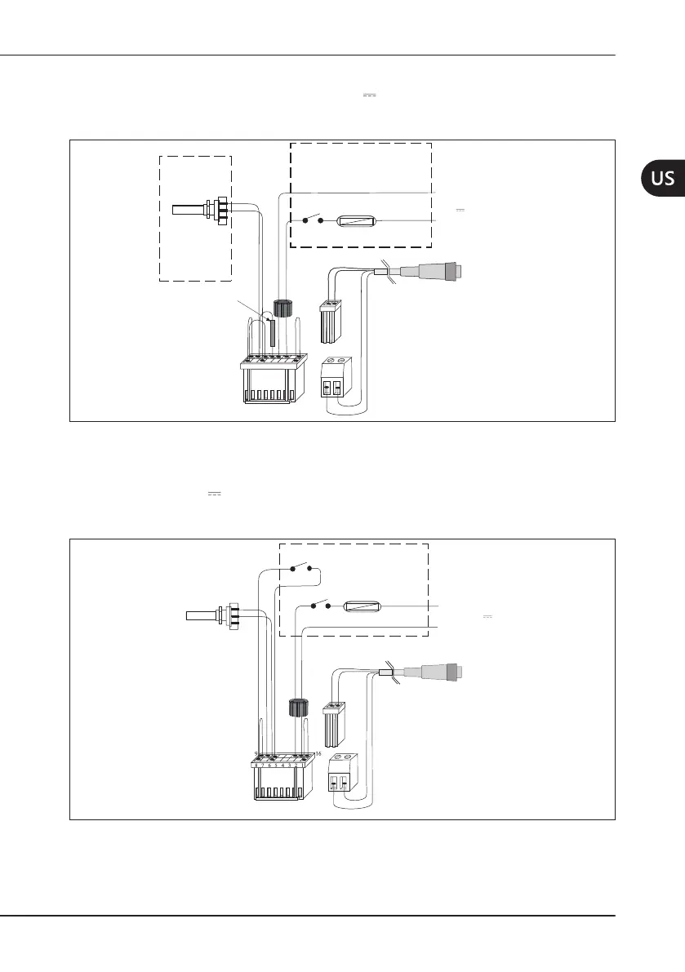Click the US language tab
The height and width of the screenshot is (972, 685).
click(x=662, y=178)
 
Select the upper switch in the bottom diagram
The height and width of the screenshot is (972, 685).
click(x=300, y=566)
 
